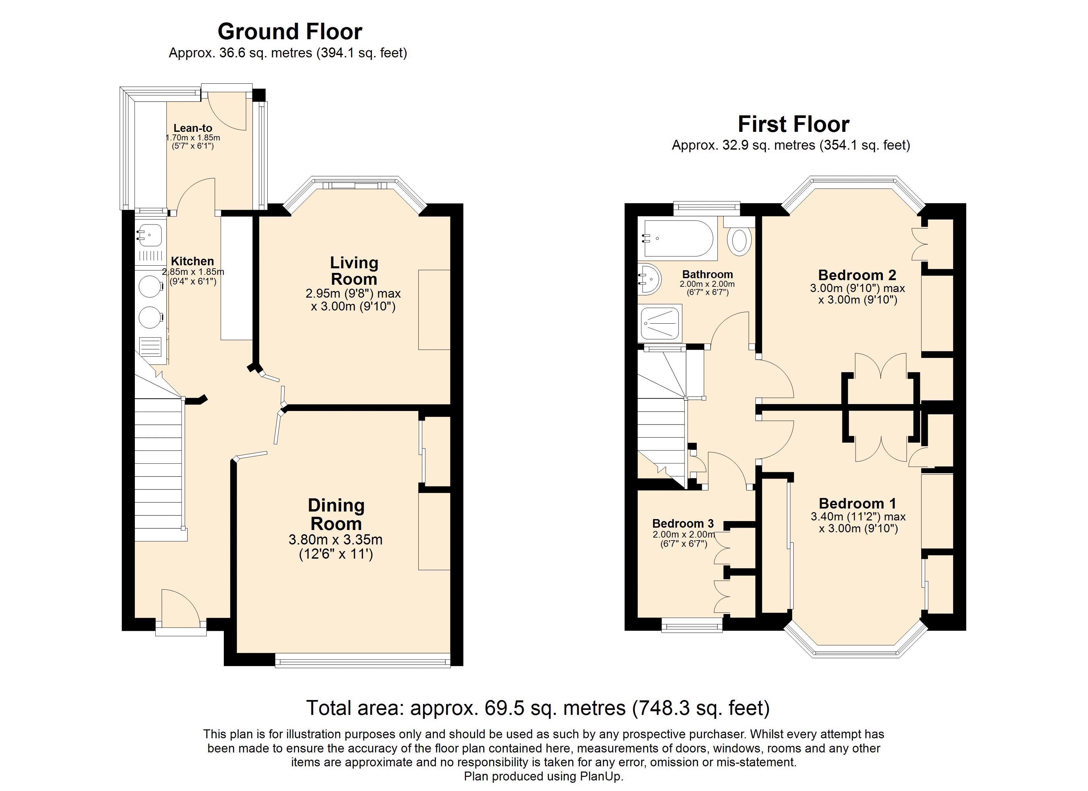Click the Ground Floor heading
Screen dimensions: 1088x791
tap(290, 32)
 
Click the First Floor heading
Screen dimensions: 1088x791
tap(794, 124)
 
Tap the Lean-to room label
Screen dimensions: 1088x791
tap(193, 128)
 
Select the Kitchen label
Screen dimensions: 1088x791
tap(192, 261)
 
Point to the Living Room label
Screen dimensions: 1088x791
tap(354, 271)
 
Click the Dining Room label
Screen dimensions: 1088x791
tap(336, 514)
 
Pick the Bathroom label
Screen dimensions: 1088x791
tap(708, 275)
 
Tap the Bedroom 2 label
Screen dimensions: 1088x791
tap(857, 275)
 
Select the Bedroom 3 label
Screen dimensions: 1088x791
tap(683, 523)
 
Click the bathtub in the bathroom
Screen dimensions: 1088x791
tap(678, 238)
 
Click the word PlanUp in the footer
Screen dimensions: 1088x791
tap(602, 776)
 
